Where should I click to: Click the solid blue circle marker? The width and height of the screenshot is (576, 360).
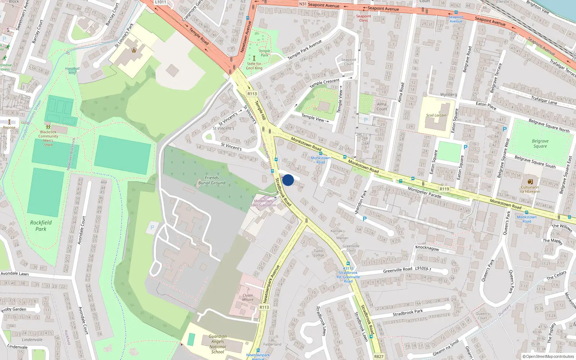point(288,180)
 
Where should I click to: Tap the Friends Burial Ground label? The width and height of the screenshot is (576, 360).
point(212,180)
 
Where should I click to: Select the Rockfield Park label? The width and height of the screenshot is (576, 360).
point(41,226)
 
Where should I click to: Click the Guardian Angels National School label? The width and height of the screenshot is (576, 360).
point(217,344)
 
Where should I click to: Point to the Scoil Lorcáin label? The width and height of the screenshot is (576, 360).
point(436,116)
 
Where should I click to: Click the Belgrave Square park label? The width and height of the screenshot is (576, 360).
point(540,144)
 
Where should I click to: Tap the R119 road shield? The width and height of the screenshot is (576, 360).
point(444,189)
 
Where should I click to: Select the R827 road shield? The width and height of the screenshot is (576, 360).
point(379,356)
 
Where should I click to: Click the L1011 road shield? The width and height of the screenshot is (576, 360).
point(161,2)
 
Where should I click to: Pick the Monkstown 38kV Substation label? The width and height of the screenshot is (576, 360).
point(263,203)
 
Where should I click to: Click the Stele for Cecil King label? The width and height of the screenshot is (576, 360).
point(254,66)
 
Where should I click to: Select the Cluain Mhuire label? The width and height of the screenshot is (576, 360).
point(248,297)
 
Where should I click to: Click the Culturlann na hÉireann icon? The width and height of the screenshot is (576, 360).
point(530,182)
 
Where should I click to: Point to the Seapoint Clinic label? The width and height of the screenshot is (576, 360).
point(364,18)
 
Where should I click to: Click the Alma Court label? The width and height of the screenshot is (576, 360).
point(382,107)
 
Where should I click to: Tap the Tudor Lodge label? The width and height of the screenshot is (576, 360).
point(319,253)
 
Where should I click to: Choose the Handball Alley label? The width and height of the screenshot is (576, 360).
point(72,71)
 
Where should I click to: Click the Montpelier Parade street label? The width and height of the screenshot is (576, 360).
point(424,193)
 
